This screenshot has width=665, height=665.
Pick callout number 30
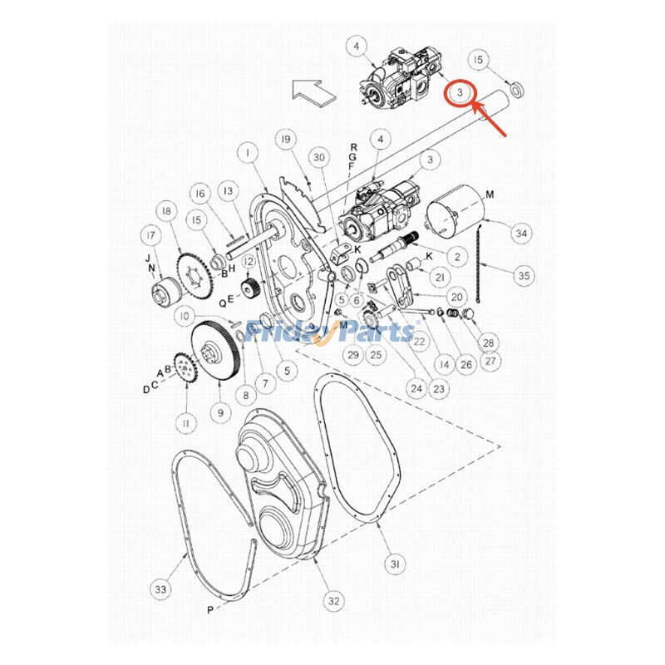319,157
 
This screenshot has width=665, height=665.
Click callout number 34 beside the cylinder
520,234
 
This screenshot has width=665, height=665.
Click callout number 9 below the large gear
220,411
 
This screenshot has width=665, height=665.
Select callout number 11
185,423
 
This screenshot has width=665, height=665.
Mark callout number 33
160,589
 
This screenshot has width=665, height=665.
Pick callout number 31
397,564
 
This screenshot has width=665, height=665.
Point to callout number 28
488,342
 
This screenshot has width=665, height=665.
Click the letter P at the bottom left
209,609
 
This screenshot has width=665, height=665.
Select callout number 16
199,193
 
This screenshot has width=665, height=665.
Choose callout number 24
416,387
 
